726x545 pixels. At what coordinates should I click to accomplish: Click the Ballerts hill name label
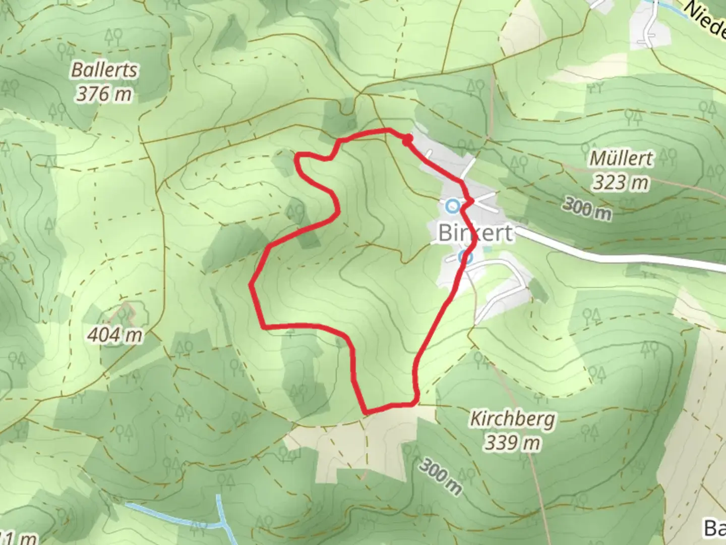click(104, 70)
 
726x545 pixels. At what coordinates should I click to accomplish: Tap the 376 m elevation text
click(104, 94)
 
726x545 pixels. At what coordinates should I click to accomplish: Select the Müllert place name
click(621, 158)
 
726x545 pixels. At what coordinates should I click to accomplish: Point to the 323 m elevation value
click(621, 182)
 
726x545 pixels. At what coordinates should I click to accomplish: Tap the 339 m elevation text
click(513, 443)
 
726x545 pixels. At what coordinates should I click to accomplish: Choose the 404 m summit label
click(114, 334)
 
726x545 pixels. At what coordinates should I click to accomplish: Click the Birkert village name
click(475, 233)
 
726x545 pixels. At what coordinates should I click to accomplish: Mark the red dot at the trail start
click(407, 140)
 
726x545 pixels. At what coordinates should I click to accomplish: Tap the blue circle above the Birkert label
click(452, 206)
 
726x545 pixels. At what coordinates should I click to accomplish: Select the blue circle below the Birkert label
click(466, 258)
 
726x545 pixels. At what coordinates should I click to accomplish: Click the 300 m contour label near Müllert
click(587, 208)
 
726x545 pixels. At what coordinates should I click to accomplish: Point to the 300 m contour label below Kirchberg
click(440, 475)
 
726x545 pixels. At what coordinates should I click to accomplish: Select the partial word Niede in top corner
click(706, 18)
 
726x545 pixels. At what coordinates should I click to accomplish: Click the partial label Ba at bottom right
click(715, 528)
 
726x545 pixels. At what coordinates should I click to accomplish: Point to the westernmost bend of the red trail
click(251, 285)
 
